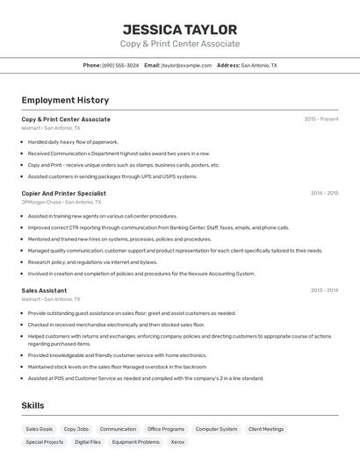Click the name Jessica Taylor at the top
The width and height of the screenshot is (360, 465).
179,29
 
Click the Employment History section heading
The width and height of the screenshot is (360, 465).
65,100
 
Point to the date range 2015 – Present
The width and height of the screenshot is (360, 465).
320,119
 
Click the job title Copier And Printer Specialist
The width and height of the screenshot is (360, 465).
63,193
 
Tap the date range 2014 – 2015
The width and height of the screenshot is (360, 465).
324,193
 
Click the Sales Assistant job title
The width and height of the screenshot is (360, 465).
44,290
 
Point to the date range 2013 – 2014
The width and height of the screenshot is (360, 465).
324,290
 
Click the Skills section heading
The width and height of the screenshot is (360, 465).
32,405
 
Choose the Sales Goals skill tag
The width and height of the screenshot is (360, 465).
39,429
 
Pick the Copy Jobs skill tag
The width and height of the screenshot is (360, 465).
76,429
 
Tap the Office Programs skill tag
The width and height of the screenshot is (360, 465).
166,429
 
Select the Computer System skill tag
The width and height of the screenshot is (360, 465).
216,429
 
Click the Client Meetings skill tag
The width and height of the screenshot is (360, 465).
266,429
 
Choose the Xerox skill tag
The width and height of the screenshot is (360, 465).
177,442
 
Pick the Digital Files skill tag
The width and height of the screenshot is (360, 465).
88,442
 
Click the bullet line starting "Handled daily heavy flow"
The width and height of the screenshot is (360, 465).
73,141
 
